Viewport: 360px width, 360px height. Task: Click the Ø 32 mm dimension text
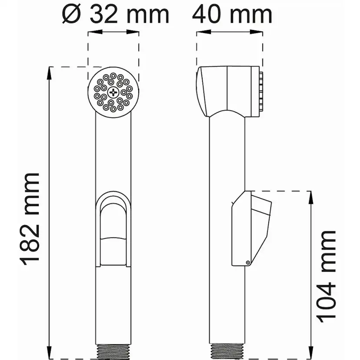116,14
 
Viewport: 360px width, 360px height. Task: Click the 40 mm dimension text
232,14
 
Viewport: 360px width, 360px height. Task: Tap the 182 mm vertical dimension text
30,219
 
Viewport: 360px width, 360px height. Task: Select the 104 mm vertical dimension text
326,277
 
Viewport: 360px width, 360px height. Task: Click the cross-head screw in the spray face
113,92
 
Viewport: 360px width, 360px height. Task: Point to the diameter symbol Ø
72,15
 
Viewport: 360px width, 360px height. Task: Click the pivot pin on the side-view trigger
248,263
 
